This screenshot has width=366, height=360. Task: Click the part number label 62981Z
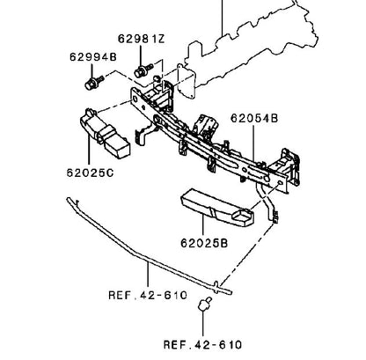coord(142,39)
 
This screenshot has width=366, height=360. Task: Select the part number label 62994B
coord(93,56)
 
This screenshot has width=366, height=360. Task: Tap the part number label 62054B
coord(254,118)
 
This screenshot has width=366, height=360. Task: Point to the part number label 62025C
coord(90,173)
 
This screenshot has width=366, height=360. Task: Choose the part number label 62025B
coord(204,243)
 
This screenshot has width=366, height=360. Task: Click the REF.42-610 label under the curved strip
coord(148,295)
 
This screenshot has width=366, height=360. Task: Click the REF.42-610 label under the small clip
coord(202,344)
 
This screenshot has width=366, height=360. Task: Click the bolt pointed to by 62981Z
coord(143,70)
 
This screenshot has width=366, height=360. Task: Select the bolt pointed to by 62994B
coord(94,82)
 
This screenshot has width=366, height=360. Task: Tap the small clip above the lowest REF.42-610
coord(204,305)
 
